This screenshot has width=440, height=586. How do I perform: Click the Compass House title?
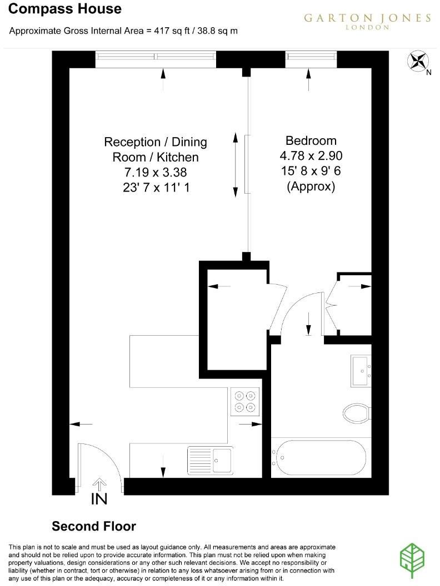66,9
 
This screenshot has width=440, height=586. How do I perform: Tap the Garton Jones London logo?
367,21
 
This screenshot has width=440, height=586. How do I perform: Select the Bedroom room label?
311,140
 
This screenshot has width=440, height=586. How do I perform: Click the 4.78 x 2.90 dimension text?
311,156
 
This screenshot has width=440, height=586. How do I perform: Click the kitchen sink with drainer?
210,460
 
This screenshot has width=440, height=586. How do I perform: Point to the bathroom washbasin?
362,371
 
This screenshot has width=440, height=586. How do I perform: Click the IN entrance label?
99,499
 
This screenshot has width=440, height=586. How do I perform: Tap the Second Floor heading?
94,526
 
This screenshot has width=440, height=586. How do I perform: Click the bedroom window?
311,57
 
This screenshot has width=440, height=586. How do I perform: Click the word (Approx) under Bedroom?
311,187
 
